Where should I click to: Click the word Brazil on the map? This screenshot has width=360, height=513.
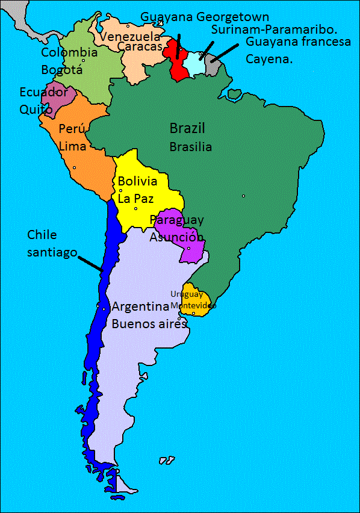pyautogui.click(x=187, y=128)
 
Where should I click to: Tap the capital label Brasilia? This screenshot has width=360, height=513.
pyautogui.click(x=190, y=146)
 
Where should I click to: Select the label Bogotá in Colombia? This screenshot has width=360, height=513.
pyautogui.click(x=61, y=70)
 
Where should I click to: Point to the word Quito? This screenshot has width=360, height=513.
pyautogui.click(x=36, y=110)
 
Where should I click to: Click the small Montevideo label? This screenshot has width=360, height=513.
pyautogui.click(x=193, y=306)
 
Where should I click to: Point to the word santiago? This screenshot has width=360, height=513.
pyautogui.click(x=52, y=252)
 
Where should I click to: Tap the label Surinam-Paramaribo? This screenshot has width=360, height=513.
pyautogui.click(x=274, y=29)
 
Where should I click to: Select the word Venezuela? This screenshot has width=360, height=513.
pyautogui.click(x=125, y=37)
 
